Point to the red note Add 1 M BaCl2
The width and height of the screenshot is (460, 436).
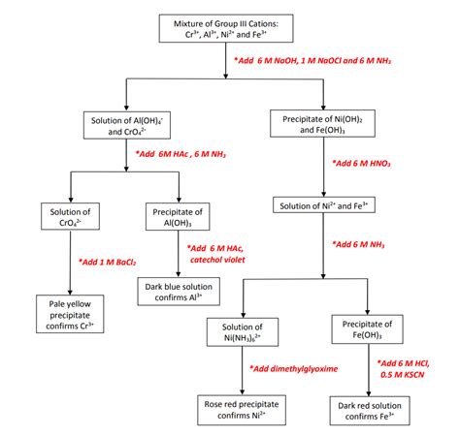click(x=107, y=261)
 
